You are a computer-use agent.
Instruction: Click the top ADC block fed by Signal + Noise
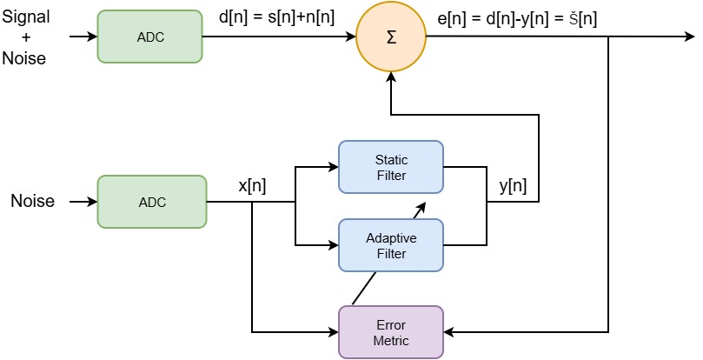coord(149,37)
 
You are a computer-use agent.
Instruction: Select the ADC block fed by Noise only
coord(151,202)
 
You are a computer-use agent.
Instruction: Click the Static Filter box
coord(390,168)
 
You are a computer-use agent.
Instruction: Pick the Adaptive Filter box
coord(390,244)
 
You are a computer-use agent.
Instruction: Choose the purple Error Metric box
coord(390,331)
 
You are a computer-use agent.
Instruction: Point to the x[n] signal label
coord(252,186)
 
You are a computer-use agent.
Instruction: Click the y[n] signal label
coord(513,186)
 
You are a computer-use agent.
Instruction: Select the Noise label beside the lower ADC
coord(32,202)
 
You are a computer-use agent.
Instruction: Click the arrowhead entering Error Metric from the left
coord(333,331)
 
